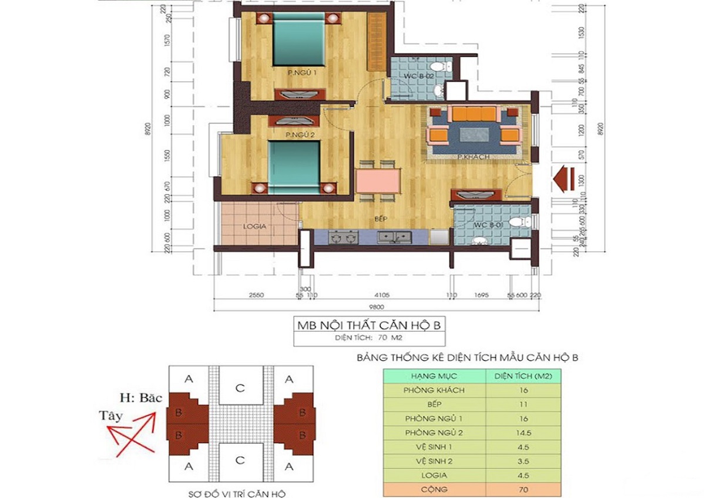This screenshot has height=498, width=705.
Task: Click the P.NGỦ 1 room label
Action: [302, 73]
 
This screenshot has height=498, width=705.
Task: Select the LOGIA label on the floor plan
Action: [255, 226]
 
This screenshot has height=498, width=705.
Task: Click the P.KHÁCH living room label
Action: [474, 157]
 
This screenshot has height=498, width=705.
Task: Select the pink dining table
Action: [377, 180]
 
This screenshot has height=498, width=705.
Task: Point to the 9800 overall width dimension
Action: [376, 306]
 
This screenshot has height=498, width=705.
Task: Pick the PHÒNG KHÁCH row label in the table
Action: [434, 390]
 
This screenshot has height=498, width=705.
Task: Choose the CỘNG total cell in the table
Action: [434, 489]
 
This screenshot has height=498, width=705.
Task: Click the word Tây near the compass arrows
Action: [111, 416]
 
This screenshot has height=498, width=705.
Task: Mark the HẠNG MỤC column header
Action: [434, 375]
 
